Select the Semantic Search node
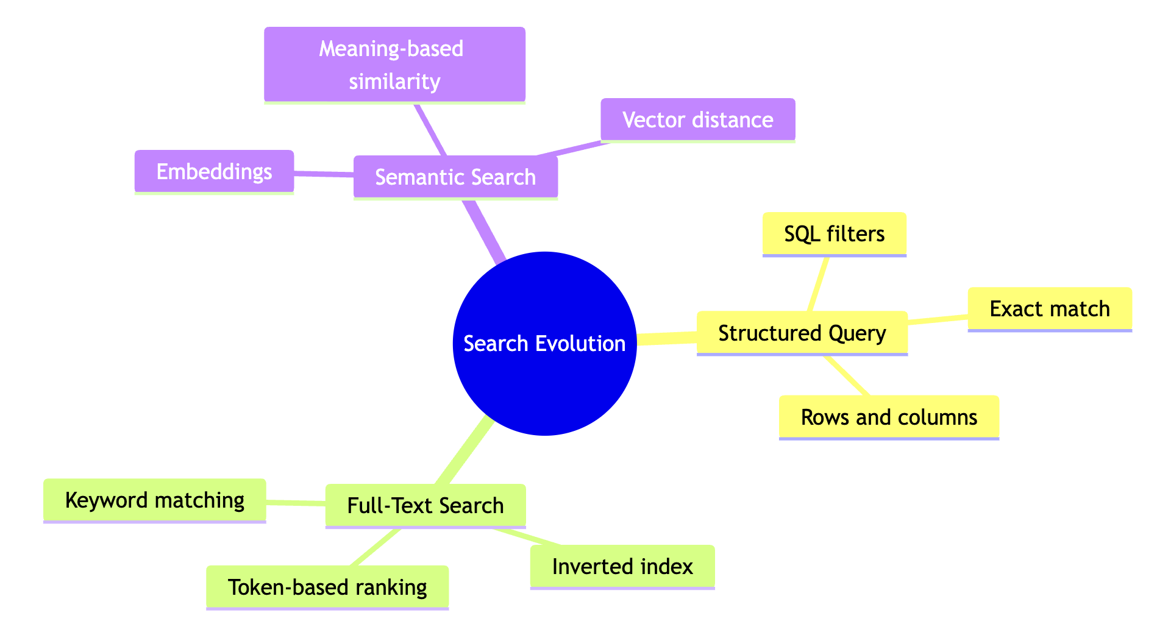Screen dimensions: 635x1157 pyautogui.click(x=455, y=177)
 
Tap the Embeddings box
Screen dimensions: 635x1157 pyautogui.click(x=214, y=172)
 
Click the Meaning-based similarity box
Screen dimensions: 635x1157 pyautogui.click(x=394, y=65)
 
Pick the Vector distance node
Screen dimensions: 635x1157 pyautogui.click(x=697, y=120)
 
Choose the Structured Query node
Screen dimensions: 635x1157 pyautogui.click(x=802, y=333)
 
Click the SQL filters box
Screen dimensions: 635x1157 pyautogui.click(x=834, y=234)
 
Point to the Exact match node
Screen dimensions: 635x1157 pyautogui.click(x=1049, y=309)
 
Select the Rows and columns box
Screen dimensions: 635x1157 pyautogui.click(x=888, y=417)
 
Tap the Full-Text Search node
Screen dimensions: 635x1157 pyautogui.click(x=425, y=506)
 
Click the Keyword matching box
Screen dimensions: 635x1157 pyautogui.click(x=154, y=500)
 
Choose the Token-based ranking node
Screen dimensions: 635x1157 pyautogui.click(x=327, y=587)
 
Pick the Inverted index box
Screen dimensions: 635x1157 pyautogui.click(x=622, y=567)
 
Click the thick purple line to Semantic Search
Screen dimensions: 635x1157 pyautogui.click(x=485, y=230)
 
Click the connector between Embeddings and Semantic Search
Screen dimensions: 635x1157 pyautogui.click(x=324, y=175)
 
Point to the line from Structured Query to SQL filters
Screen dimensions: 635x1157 pyautogui.click(x=818, y=284)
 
